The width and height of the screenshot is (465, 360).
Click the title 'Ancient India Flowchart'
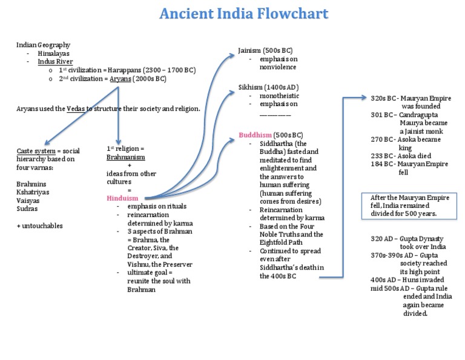point(244,13)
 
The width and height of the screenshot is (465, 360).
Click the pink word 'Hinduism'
point(122,198)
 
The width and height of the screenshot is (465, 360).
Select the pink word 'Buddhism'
point(255,135)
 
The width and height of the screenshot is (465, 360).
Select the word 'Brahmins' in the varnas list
point(31,183)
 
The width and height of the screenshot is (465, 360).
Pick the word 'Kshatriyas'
point(33,192)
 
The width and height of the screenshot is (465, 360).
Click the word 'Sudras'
point(28,208)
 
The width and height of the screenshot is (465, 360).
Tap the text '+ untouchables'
point(39,226)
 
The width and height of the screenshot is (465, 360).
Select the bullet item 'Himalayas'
point(53,53)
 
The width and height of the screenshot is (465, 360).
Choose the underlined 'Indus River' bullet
point(55,62)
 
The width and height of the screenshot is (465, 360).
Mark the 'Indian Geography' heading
point(43,45)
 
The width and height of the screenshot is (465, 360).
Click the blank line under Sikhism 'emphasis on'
point(275,114)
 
